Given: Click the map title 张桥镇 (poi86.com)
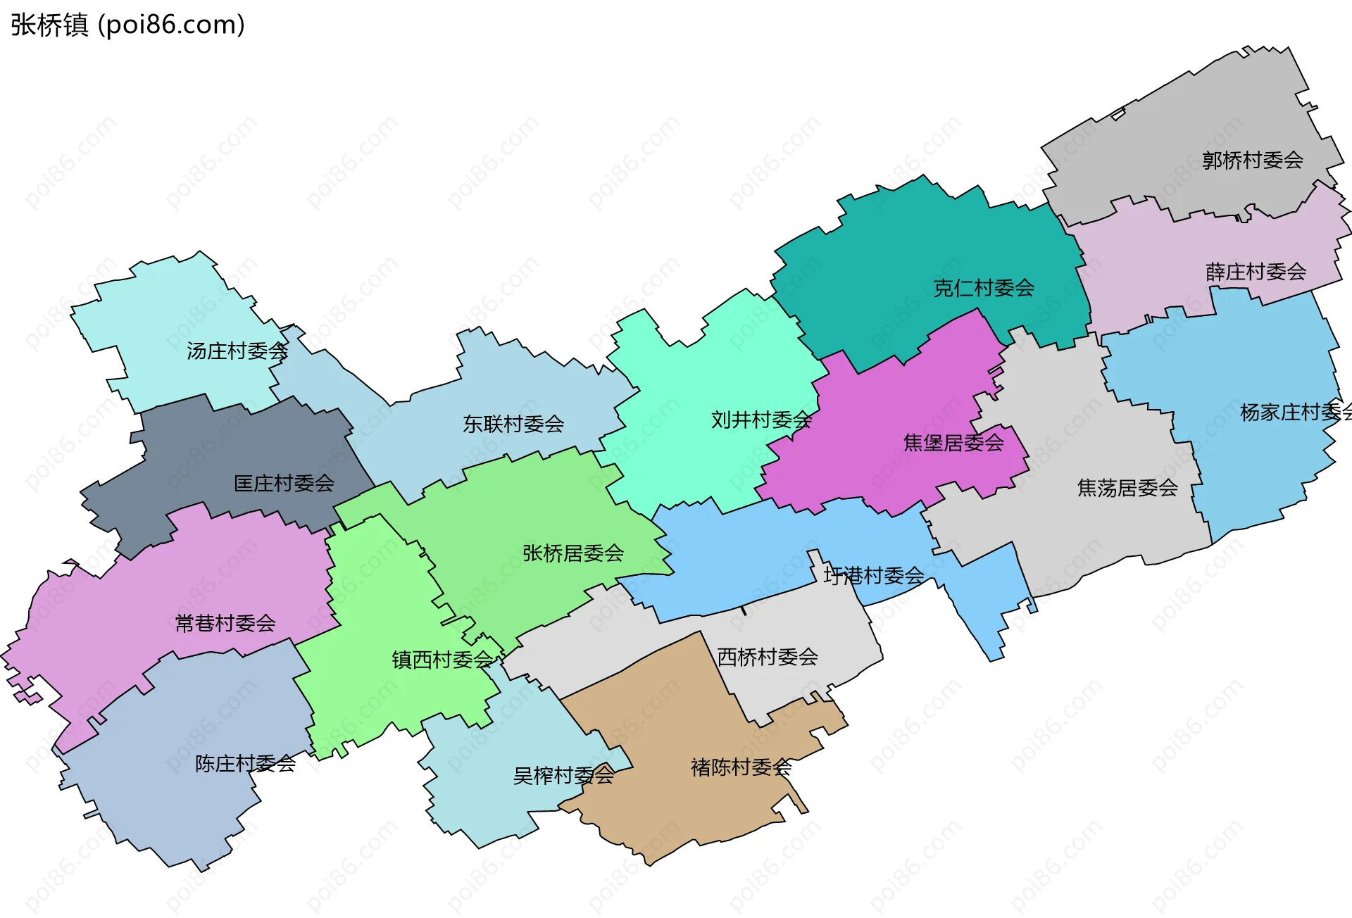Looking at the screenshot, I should pyautogui.click(x=127, y=25).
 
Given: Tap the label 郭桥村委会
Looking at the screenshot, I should pyautogui.click(x=1252, y=161).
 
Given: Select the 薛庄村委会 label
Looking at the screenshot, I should pyautogui.click(x=1256, y=272).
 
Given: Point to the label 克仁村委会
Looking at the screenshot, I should pyautogui.click(x=983, y=288).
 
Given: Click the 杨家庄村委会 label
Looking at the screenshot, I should pyautogui.click(x=1294, y=413).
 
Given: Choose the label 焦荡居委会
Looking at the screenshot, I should pyautogui.click(x=1127, y=488).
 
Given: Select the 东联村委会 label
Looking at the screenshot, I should pyautogui.click(x=513, y=425).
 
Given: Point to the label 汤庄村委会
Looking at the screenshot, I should pyautogui.click(x=237, y=351).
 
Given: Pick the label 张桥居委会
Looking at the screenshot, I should pyautogui.click(x=572, y=553).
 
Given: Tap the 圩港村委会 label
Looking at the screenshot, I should pyautogui.click(x=873, y=576).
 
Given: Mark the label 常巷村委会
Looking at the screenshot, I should pyautogui.click(x=225, y=623).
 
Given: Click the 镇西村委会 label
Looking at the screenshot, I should pyautogui.click(x=442, y=660).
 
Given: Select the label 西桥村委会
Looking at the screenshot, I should pyautogui.click(x=767, y=658).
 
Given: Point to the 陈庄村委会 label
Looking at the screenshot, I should pyautogui.click(x=244, y=764).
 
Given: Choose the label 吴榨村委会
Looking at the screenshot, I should pyautogui.click(x=563, y=776).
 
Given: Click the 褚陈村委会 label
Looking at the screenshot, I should pyautogui.click(x=741, y=767).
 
